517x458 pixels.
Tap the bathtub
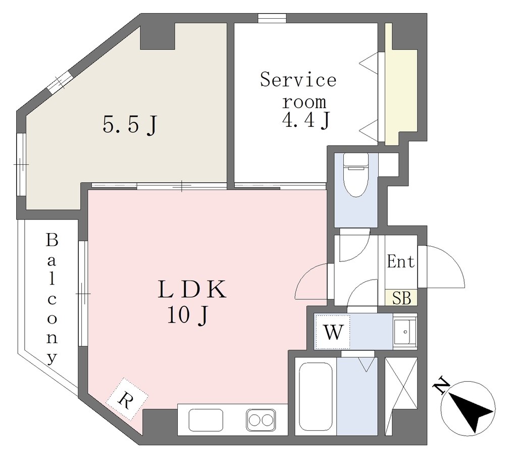(x=316, y=397)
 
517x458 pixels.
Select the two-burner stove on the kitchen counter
(x=261, y=420)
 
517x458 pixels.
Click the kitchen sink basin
(x=206, y=420)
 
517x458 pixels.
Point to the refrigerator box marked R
(x=127, y=399)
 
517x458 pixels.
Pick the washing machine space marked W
(x=333, y=332)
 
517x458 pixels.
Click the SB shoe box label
(x=402, y=298)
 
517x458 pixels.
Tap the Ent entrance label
(x=401, y=262)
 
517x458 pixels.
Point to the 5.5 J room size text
(x=129, y=125)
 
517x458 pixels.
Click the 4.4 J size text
(x=306, y=121)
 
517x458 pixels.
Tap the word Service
(x=298, y=80)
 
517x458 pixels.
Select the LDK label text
(x=191, y=290)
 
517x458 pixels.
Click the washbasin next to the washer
(x=405, y=331)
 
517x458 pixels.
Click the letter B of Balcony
(x=52, y=240)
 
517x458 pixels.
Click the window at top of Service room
(x=272, y=19)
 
